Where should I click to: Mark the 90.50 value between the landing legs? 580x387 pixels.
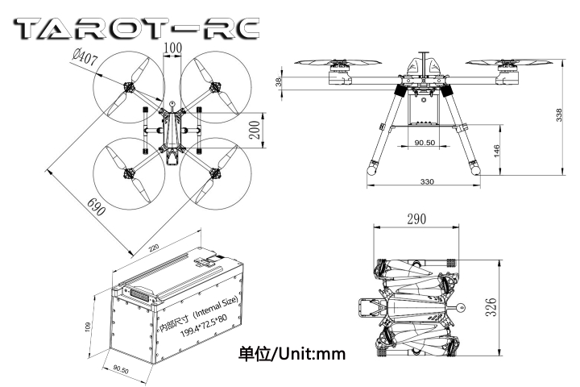point(425,143)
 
